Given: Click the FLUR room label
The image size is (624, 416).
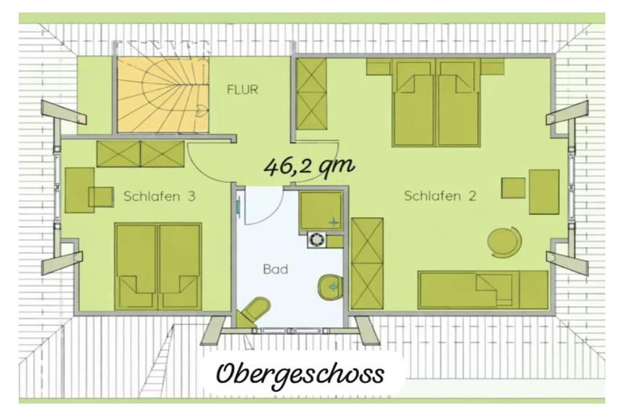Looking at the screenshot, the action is (243, 90).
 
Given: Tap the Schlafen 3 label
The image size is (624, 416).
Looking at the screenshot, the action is (159, 196).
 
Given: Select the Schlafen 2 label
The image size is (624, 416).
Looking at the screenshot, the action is (440, 196).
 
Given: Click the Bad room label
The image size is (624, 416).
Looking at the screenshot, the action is (275, 269).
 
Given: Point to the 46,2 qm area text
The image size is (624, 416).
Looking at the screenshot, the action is (309, 167).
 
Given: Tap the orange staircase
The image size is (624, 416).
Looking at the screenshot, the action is (163, 94).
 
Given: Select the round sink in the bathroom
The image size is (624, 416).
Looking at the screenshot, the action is (330, 286).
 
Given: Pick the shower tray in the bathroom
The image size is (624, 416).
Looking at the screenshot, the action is (321, 211).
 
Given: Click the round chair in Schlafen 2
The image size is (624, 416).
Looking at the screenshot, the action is (505, 241).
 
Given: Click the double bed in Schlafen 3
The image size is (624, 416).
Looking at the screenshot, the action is (158, 266).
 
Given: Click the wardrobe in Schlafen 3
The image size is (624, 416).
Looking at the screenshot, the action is (141, 154).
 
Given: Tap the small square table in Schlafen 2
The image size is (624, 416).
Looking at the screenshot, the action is (513, 188).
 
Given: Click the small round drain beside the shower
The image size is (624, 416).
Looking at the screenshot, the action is (316, 240).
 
